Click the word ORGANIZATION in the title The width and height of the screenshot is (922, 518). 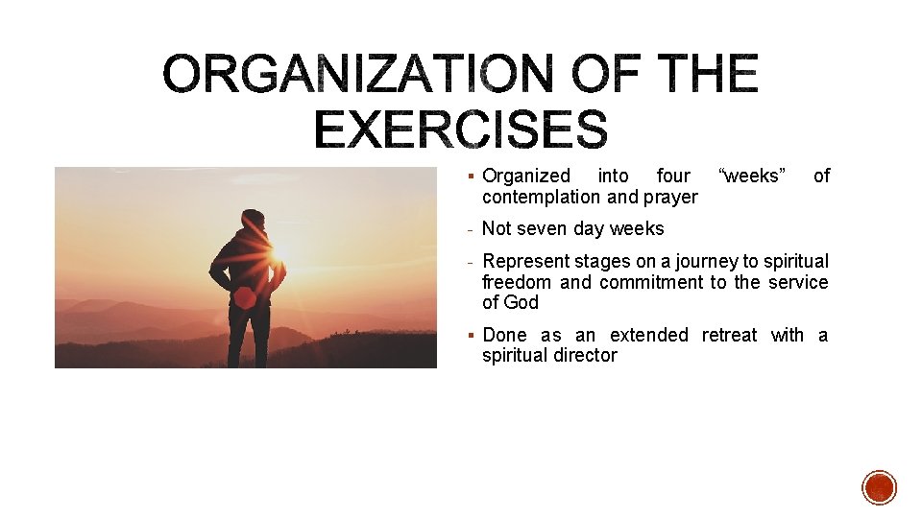tap(357, 74)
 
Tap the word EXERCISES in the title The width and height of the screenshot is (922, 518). tap(461, 129)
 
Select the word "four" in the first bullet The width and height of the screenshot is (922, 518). tap(673, 176)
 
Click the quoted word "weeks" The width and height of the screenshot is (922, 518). tap(752, 176)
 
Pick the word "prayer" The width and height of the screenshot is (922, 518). tap(671, 198)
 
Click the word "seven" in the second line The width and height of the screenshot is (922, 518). tap(544, 228)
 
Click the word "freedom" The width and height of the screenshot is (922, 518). tap(517, 282)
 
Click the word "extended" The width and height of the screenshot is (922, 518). tap(649, 335)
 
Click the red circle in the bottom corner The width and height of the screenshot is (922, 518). tap(879, 487)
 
